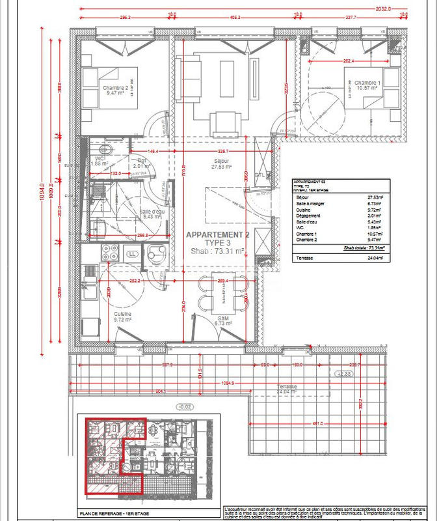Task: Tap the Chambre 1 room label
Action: coord(368,83)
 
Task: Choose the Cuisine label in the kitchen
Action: coord(122,314)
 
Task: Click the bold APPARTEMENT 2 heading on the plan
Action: coord(217,234)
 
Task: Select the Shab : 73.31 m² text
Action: coord(217,251)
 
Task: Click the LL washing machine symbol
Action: coord(133,253)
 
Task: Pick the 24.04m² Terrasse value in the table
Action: coord(375,259)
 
